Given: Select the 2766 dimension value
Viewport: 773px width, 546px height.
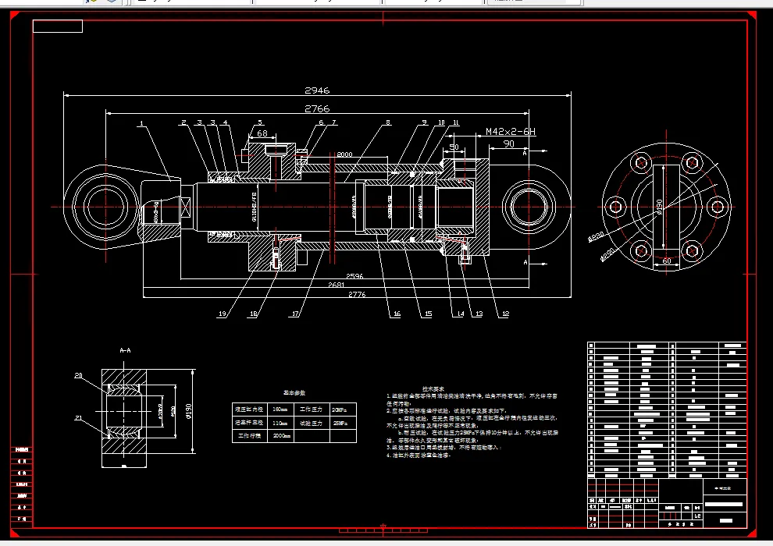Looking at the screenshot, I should [318, 108].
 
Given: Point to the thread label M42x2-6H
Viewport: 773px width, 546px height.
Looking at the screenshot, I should [510, 132].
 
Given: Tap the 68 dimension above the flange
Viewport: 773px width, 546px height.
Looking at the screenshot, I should [262, 133].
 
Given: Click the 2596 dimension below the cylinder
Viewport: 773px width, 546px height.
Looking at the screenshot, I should [354, 275].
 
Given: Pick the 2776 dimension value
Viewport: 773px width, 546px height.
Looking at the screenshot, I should [357, 295].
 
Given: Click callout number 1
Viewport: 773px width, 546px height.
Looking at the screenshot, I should [141, 122].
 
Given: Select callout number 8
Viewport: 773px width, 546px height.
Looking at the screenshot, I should [387, 122].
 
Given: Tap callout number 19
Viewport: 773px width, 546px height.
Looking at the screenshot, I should [223, 314].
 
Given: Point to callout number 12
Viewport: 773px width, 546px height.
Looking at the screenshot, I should [505, 314].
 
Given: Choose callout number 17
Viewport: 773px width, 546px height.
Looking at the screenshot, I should [295, 314].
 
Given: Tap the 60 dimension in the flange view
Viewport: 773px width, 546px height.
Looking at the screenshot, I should [666, 261].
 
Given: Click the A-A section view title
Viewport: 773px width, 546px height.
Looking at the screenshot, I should [125, 351].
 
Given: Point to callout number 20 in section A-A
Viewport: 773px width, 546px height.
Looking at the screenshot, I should [78, 376].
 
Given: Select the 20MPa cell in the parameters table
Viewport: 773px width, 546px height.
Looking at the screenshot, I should [338, 409].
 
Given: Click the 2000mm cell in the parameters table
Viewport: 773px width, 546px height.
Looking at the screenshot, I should [280, 436].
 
